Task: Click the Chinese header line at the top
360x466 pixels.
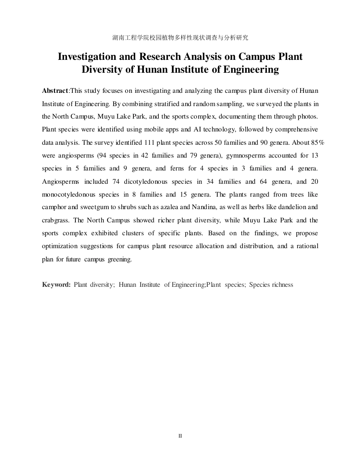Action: [180, 38]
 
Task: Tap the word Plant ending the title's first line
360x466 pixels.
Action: [288, 57]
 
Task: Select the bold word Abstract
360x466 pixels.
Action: [55, 91]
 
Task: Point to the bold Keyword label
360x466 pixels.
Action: [56, 285]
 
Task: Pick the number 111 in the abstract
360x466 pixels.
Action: [150, 142]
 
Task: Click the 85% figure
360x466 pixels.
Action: [317, 142]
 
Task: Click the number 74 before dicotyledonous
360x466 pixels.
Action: [116, 181]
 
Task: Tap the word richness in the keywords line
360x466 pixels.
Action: [282, 285]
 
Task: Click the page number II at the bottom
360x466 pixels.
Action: [180, 436]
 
